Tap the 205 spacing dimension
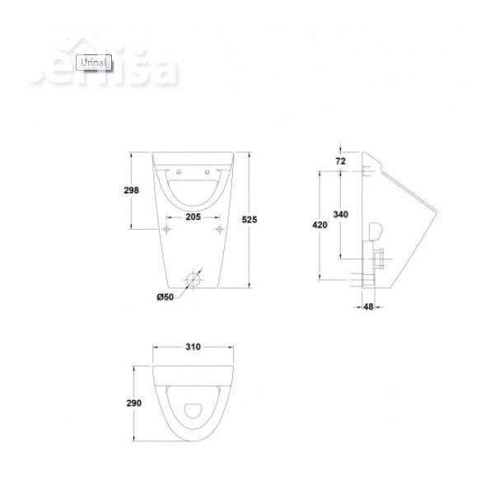click(193, 217)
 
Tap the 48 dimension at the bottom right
click(368, 307)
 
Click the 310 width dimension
click(192, 347)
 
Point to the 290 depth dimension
click(133, 403)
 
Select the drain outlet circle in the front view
click(194, 280)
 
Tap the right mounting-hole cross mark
click(219, 228)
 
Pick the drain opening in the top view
click(194, 410)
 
